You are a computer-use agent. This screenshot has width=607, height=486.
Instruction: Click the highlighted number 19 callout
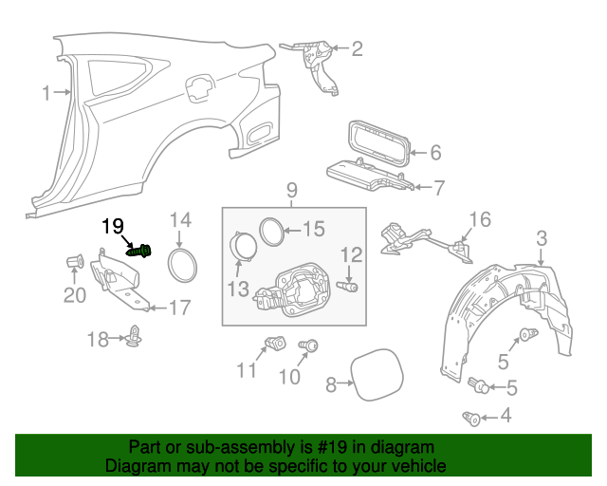[x=113, y=226]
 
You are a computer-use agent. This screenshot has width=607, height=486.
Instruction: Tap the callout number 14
[x=180, y=220]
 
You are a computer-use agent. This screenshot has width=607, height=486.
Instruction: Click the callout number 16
[x=480, y=220]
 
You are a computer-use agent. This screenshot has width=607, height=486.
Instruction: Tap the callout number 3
[x=542, y=237]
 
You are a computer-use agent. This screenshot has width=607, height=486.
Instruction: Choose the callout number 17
[x=179, y=308]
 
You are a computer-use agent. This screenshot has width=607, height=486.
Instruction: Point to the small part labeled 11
[x=275, y=343]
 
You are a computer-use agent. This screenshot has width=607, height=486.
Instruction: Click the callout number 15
[x=313, y=228]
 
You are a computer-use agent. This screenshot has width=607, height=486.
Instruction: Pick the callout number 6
[x=435, y=152]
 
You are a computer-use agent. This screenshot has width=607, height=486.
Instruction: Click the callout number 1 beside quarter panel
[x=46, y=92]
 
